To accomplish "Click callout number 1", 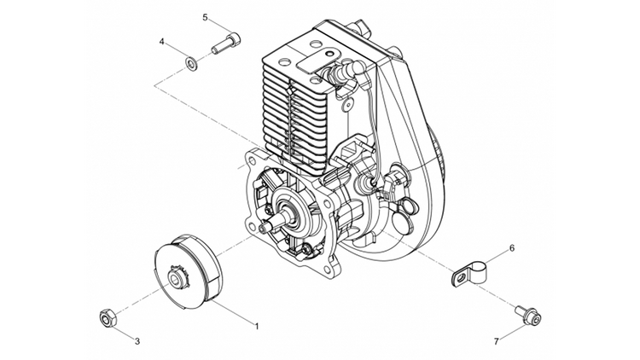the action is click(257, 326).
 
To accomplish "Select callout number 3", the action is click(137, 341).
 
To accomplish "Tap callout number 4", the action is click(162, 42).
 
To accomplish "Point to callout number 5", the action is click(206, 17).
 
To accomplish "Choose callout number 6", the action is click(512, 248).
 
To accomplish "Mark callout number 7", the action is click(497, 341).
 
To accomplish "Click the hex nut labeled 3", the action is click(108, 317).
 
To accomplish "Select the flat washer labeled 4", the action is click(191, 63).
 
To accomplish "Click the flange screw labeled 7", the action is click(528, 314).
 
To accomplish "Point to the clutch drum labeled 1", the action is click(188, 270).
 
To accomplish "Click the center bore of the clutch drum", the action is click(176, 280).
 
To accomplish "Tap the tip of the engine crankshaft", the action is click(263, 224).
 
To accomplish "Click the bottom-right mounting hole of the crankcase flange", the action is click(326, 270).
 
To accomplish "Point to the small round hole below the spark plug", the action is click(348, 105).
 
